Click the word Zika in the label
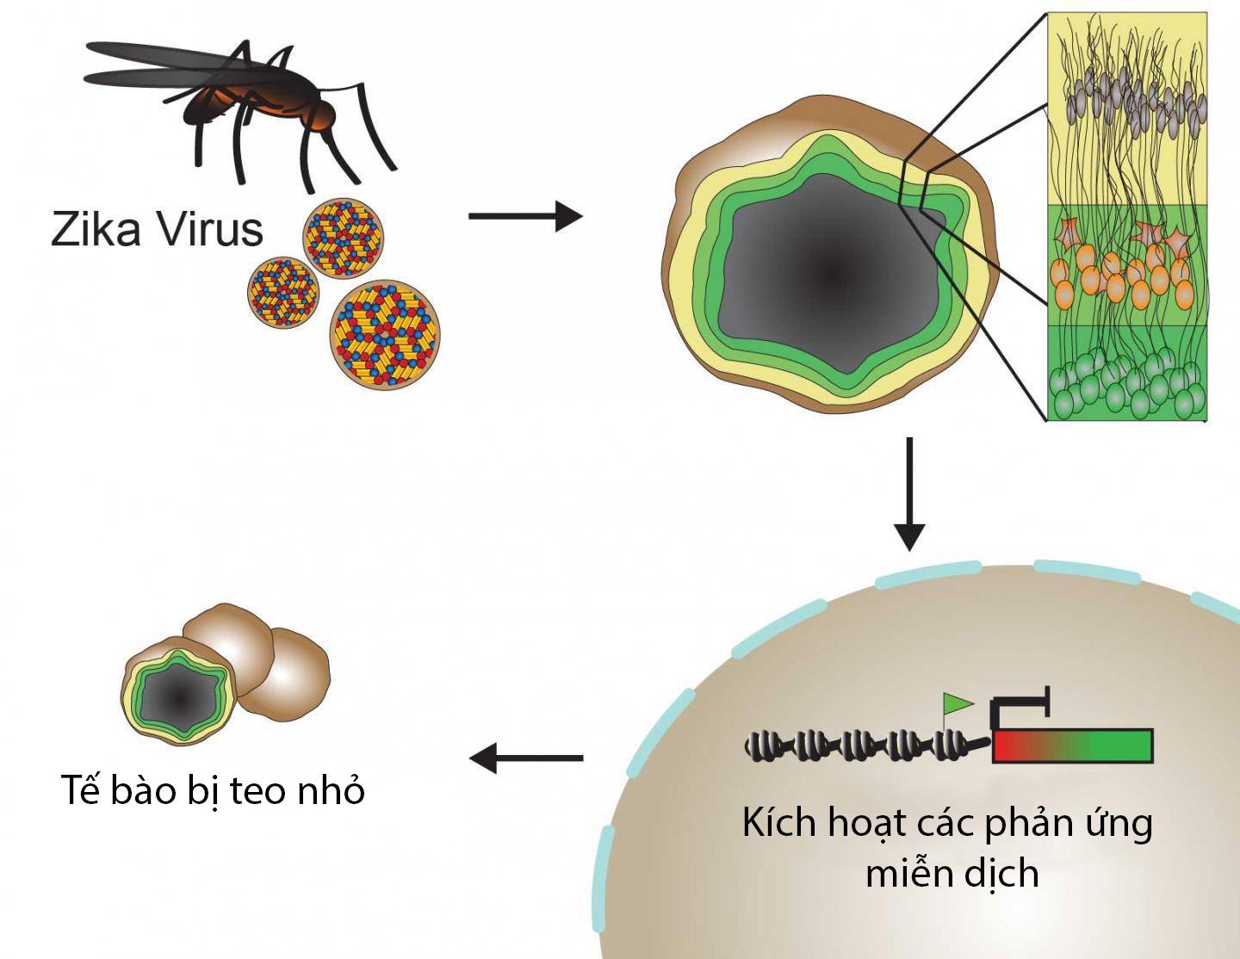tap(96, 229)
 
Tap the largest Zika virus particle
tap(385, 335)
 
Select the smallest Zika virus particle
tap(283, 293)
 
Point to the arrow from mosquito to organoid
tap(525, 216)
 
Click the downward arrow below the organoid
tap(909, 494)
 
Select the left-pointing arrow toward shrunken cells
tap(525, 758)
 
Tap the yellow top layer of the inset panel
tap(1127, 108)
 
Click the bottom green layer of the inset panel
tap(1127, 373)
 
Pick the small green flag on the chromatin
tap(958, 704)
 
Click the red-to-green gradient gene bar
tap(1073, 746)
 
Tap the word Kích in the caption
tap(779, 823)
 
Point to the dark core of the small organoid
tap(178, 697)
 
